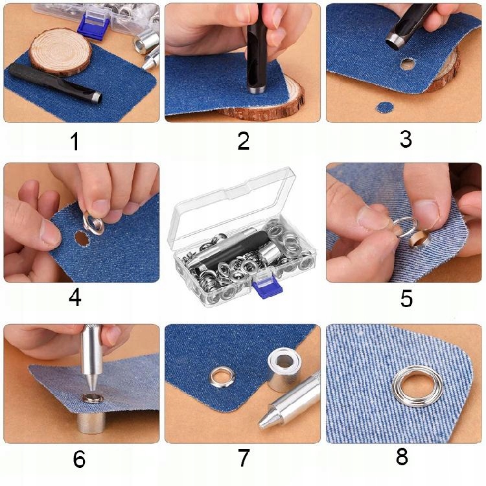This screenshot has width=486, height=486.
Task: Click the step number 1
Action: pos(75,141)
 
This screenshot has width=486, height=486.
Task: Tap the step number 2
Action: pos(244,141)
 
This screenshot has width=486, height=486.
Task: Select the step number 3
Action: pos(406,139)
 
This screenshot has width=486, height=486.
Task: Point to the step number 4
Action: pos(75,297)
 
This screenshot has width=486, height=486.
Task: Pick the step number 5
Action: pos(406,299)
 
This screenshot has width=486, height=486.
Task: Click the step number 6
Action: pos(79,459)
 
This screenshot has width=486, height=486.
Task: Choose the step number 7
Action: pos(244,457)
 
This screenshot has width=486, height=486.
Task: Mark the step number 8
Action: pos(402,456)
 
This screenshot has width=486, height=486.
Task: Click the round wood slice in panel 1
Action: pos(61,52)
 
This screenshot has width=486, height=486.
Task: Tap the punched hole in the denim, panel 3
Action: pos(408,64)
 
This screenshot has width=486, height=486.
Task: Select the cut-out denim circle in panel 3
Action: pos(385,107)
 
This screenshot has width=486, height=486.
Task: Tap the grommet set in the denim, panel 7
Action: pos(222,377)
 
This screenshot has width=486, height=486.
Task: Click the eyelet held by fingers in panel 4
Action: pos(93,223)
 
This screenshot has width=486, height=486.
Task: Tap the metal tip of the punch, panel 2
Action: pos(256,91)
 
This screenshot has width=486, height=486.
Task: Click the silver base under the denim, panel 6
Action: pos(91,422)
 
